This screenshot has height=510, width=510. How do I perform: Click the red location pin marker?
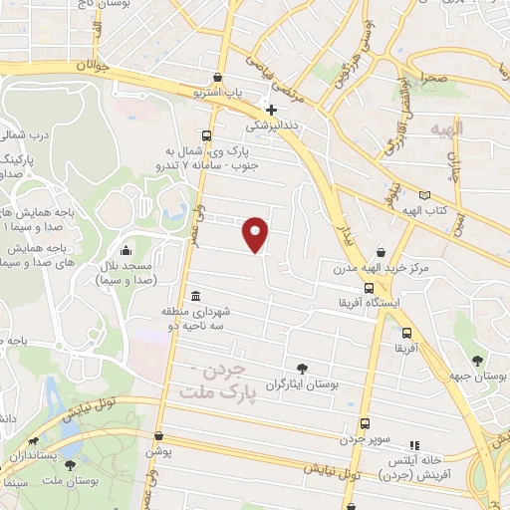(x=256, y=234)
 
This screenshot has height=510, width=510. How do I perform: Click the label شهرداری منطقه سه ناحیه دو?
(x=198, y=318)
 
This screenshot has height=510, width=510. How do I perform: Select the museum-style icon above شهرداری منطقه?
(x=194, y=296)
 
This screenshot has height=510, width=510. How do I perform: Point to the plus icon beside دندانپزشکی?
(x=270, y=110)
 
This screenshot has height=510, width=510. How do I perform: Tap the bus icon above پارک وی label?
(x=206, y=135)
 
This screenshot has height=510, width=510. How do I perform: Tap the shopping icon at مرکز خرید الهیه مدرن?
(x=381, y=252)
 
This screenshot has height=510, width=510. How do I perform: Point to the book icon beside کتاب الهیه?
(x=425, y=195)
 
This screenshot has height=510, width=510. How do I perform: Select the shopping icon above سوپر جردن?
(x=364, y=422)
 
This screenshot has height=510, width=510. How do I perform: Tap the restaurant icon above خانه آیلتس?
(x=415, y=444)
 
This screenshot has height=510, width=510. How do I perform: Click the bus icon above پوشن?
(x=155, y=435)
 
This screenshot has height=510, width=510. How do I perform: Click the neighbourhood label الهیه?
(x=449, y=129)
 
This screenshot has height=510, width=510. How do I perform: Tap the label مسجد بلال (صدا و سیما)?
(x=124, y=275)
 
